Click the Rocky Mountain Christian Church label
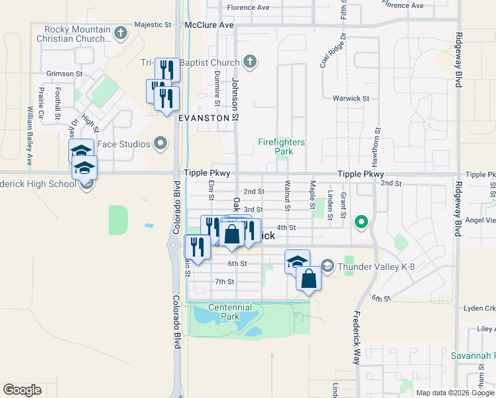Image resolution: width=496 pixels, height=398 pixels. click(x=78, y=34)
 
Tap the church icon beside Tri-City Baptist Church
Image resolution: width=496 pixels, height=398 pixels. click(x=250, y=63)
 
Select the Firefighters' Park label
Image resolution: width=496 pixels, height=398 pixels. click(x=282, y=147)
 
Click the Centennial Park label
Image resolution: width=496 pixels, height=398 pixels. click(x=229, y=312)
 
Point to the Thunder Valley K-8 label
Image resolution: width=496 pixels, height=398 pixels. click(x=377, y=267)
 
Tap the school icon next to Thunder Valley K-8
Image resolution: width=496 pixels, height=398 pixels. click(x=327, y=267)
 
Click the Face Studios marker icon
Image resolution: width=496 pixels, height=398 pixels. click(x=160, y=143)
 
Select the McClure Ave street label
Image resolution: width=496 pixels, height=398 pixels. click(x=210, y=25)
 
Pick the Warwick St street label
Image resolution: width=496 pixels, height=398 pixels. click(x=351, y=99)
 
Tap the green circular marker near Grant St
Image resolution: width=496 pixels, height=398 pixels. click(x=361, y=222)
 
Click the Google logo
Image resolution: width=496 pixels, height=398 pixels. click(x=22, y=390)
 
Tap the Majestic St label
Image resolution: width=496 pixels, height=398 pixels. click(x=153, y=25)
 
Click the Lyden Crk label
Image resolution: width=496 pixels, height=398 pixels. click(x=479, y=308)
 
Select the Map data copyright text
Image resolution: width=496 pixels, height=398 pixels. click(x=454, y=393)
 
